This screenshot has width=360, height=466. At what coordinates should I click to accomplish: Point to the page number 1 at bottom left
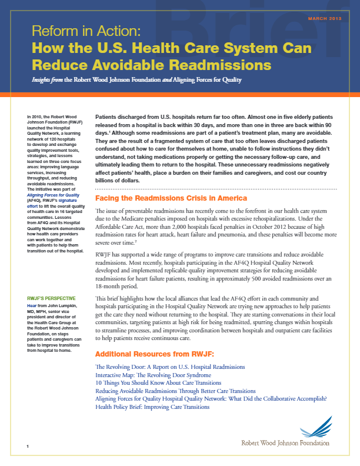click(x=28, y=448)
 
